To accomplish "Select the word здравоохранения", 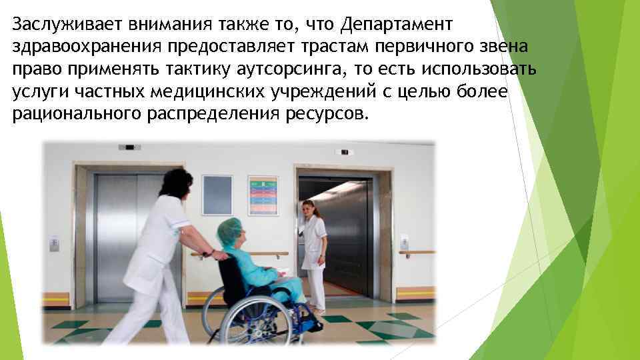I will point(87,47).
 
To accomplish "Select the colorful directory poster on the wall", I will point(263,195).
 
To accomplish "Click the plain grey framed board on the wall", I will point(217,195).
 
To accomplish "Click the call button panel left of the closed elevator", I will point(55,243).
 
